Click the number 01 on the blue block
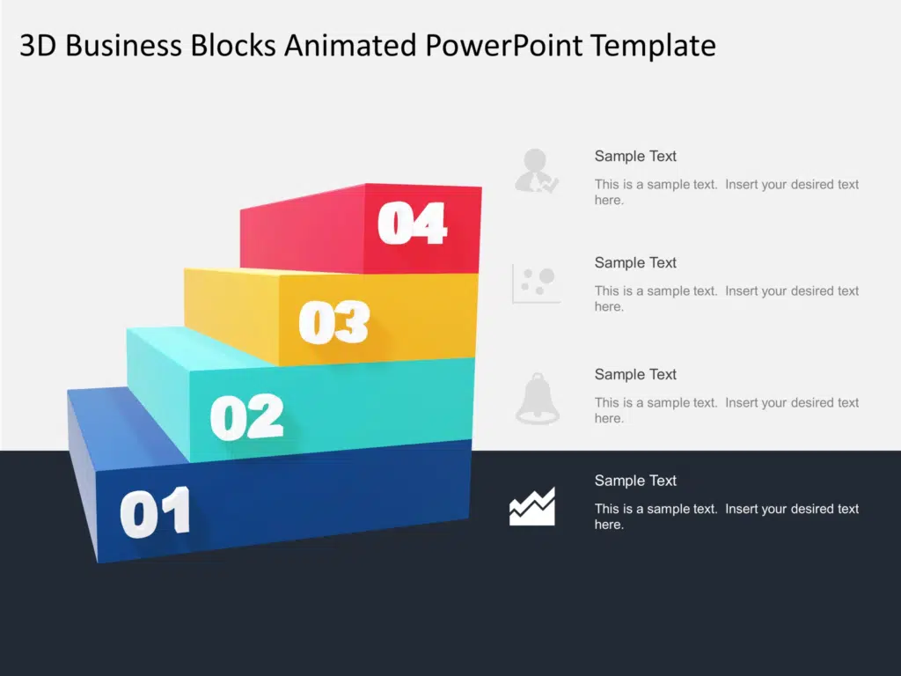[155, 512]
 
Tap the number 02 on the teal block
[247, 416]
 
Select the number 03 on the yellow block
[333, 322]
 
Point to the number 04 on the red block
[412, 223]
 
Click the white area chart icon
[532, 506]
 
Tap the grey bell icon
[538, 399]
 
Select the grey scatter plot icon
[536, 283]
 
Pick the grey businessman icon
[536, 171]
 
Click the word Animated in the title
[350, 45]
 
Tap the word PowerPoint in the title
[503, 45]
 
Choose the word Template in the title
[654, 46]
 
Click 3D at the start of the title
[38, 46]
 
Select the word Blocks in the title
[233, 45]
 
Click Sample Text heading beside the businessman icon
[635, 156]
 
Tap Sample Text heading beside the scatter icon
[635, 262]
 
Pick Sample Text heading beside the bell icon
[635, 374]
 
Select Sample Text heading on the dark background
[635, 480]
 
